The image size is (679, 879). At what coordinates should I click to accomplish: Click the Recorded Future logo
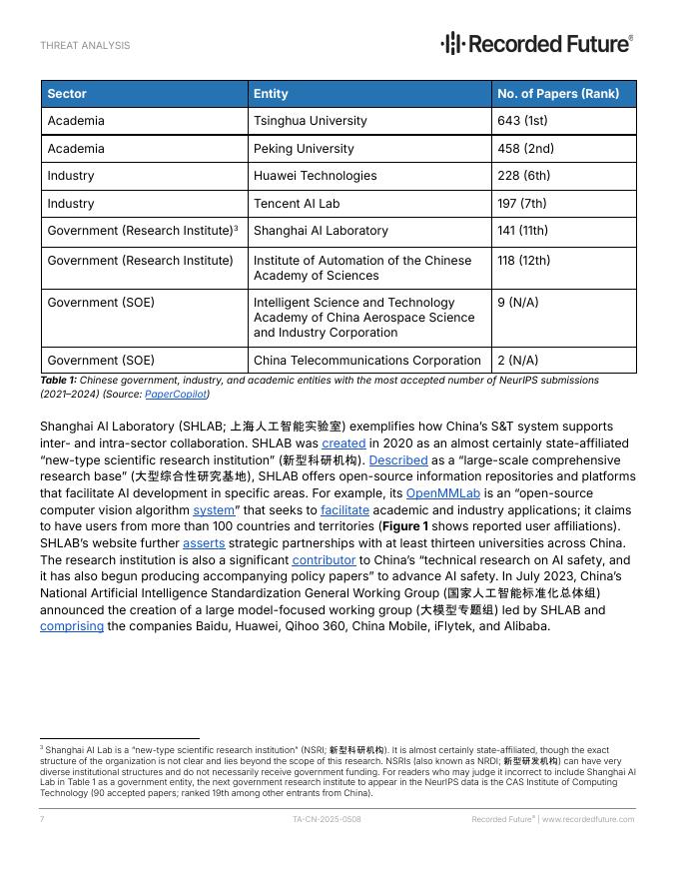point(537,43)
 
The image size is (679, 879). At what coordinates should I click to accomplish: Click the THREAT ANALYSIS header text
point(85,46)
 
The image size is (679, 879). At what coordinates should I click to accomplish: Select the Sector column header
point(67,94)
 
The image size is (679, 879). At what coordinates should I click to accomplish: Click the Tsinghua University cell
point(311,121)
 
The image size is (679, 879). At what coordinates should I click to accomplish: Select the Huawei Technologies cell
point(315,176)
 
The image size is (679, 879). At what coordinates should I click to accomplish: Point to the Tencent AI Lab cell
point(297,204)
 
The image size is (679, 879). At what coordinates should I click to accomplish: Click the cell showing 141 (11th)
point(522,231)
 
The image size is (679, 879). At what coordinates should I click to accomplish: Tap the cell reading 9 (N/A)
point(517,303)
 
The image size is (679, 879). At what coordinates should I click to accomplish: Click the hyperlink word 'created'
point(343,443)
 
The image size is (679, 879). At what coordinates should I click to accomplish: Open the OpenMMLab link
point(442,493)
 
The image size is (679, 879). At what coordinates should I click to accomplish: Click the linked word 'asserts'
point(204,543)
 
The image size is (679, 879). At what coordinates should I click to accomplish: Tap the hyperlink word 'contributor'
point(324,560)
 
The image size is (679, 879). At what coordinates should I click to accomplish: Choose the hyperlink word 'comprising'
point(72,626)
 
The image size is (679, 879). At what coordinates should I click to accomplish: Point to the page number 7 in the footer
point(42,819)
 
